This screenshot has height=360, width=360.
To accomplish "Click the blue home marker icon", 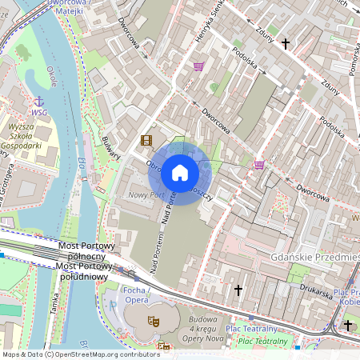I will pos(179,172).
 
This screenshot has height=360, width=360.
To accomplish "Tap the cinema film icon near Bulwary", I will pos(146,141).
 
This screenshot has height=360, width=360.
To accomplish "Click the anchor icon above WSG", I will pos(38,101).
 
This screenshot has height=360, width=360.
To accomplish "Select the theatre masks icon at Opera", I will pos(153,320).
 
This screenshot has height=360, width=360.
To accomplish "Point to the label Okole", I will pos(52,82).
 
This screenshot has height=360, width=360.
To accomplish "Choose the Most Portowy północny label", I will pos(87,245).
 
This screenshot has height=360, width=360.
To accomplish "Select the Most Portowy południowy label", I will pos(83,276).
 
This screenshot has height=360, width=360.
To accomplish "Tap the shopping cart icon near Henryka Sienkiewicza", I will pos(198,66).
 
